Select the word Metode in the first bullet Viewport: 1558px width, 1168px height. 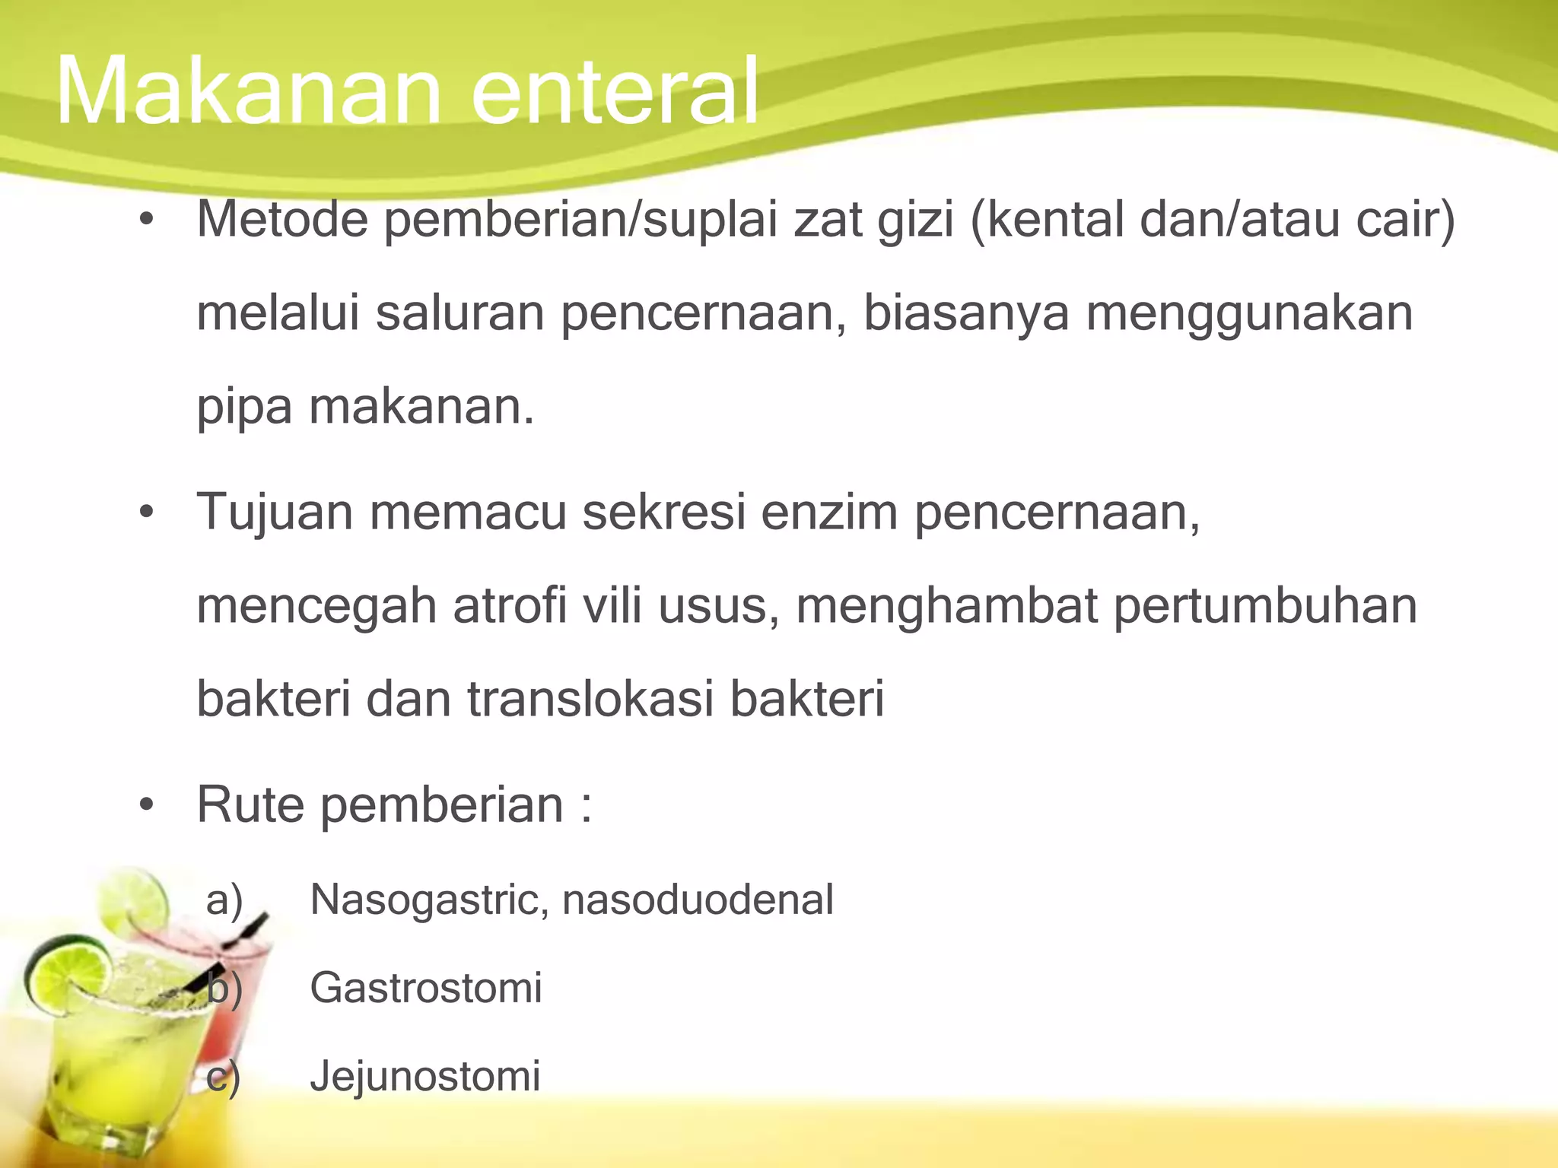[282, 220]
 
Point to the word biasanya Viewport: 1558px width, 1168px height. [966, 314]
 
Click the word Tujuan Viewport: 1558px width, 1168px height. [275, 513]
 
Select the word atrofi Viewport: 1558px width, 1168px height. [510, 606]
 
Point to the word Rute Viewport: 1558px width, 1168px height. [250, 805]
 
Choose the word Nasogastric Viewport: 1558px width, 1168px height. [429, 900]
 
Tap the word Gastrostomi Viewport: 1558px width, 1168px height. [426, 988]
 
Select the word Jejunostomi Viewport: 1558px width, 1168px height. [425, 1076]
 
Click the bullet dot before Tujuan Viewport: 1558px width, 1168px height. [147, 513]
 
